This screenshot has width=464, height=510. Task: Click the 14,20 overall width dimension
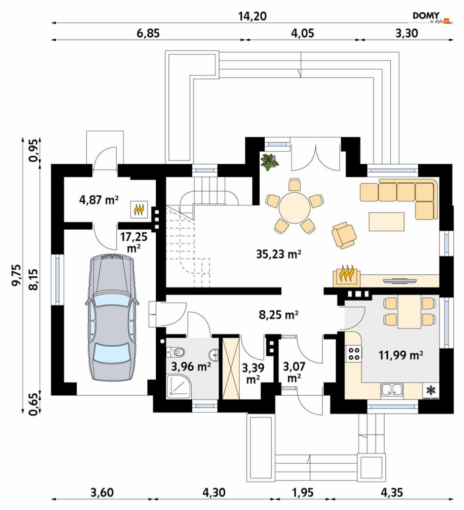click(252, 16)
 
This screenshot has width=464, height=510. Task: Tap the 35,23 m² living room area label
click(279, 254)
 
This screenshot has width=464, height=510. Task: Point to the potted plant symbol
click(270, 162)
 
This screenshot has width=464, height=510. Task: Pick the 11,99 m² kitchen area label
click(401, 355)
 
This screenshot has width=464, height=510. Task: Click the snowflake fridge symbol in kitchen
click(431, 390)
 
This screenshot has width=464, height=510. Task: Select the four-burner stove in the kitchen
click(354, 354)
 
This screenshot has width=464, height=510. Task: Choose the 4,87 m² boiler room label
click(99, 199)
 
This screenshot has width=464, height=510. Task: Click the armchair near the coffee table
click(344, 235)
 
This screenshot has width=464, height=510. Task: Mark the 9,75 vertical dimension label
click(16, 275)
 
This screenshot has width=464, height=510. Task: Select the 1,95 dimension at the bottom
click(303, 493)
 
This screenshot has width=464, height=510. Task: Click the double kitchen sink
click(392, 389)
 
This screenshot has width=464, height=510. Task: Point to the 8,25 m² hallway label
click(279, 315)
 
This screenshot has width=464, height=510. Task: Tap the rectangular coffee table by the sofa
click(386, 222)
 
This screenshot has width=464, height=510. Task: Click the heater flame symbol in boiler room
click(139, 210)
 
